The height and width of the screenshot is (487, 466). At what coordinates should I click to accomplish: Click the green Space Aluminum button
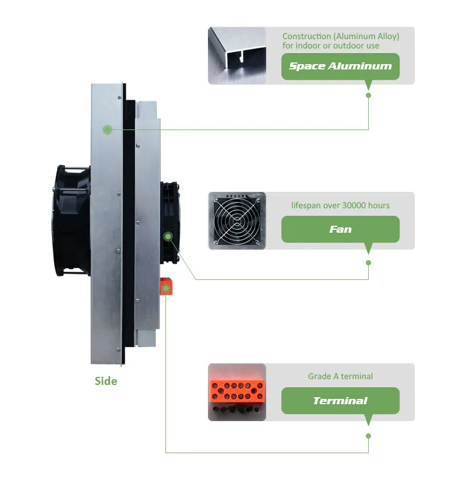[x=340, y=66]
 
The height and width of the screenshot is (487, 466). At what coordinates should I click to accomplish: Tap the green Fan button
[x=340, y=229]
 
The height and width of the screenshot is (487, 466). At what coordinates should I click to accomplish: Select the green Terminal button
[x=340, y=401]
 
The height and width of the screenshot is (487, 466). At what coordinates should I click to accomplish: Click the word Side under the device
[x=106, y=381]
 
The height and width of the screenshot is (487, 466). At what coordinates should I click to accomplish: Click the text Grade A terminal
[x=340, y=377]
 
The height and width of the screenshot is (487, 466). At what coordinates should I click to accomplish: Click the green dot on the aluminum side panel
[x=107, y=129]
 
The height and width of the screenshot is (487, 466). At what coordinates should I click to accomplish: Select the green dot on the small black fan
[x=168, y=236]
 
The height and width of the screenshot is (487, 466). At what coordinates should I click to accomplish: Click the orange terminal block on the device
[x=167, y=287]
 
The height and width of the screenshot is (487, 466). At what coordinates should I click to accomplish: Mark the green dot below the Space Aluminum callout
[x=368, y=95]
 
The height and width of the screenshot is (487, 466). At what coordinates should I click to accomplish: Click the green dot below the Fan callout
[x=368, y=262]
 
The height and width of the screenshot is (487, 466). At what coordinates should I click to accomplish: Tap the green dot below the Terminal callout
[x=368, y=436]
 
